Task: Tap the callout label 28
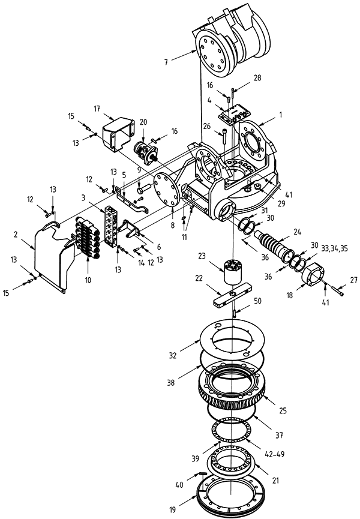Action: [x=241, y=78]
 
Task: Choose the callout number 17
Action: [x=96, y=108]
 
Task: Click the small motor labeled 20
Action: [x=146, y=151]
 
